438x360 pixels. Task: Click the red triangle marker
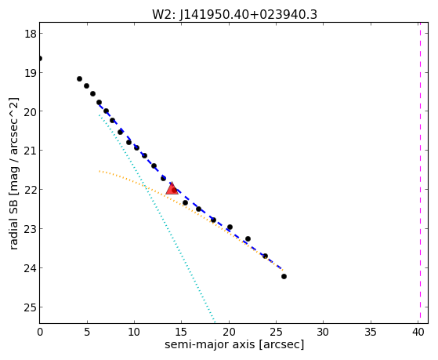[x=172, y=188]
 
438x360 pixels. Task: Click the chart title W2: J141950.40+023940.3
[x=234, y=15]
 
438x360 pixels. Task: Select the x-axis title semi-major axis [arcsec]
[x=234, y=344]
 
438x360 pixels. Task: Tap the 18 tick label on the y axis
[x=30, y=34]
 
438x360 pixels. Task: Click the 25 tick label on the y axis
[x=30, y=307]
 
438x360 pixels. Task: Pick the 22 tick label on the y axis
[x=30, y=190]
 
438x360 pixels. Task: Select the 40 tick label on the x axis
[x=418, y=332]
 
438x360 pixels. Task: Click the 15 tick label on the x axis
[x=182, y=332]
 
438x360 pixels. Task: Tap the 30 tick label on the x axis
[x=323, y=332]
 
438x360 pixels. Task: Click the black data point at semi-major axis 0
[x=40, y=59]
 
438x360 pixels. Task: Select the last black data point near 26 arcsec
[x=284, y=276]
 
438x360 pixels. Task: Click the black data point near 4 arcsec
[x=79, y=79]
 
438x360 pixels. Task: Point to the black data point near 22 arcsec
[x=248, y=239]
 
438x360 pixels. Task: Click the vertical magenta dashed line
[x=420, y=173]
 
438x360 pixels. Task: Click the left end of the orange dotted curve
[x=100, y=171]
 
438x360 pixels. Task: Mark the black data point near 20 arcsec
[x=230, y=227]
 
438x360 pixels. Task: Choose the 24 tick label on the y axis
[x=30, y=268]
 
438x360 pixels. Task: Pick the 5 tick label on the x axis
[x=87, y=332]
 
